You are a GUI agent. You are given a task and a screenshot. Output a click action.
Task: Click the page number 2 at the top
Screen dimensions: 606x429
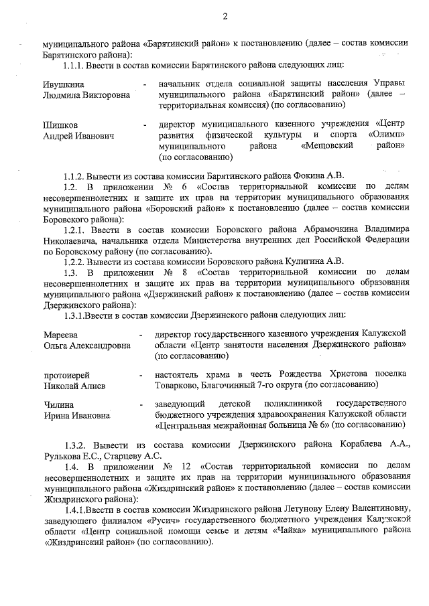(225, 16)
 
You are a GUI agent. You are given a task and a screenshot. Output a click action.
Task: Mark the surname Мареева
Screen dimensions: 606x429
(61, 334)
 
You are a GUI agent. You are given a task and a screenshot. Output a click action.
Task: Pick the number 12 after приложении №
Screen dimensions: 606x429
(184, 467)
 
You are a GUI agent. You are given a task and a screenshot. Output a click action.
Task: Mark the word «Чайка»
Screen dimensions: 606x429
(290, 532)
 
